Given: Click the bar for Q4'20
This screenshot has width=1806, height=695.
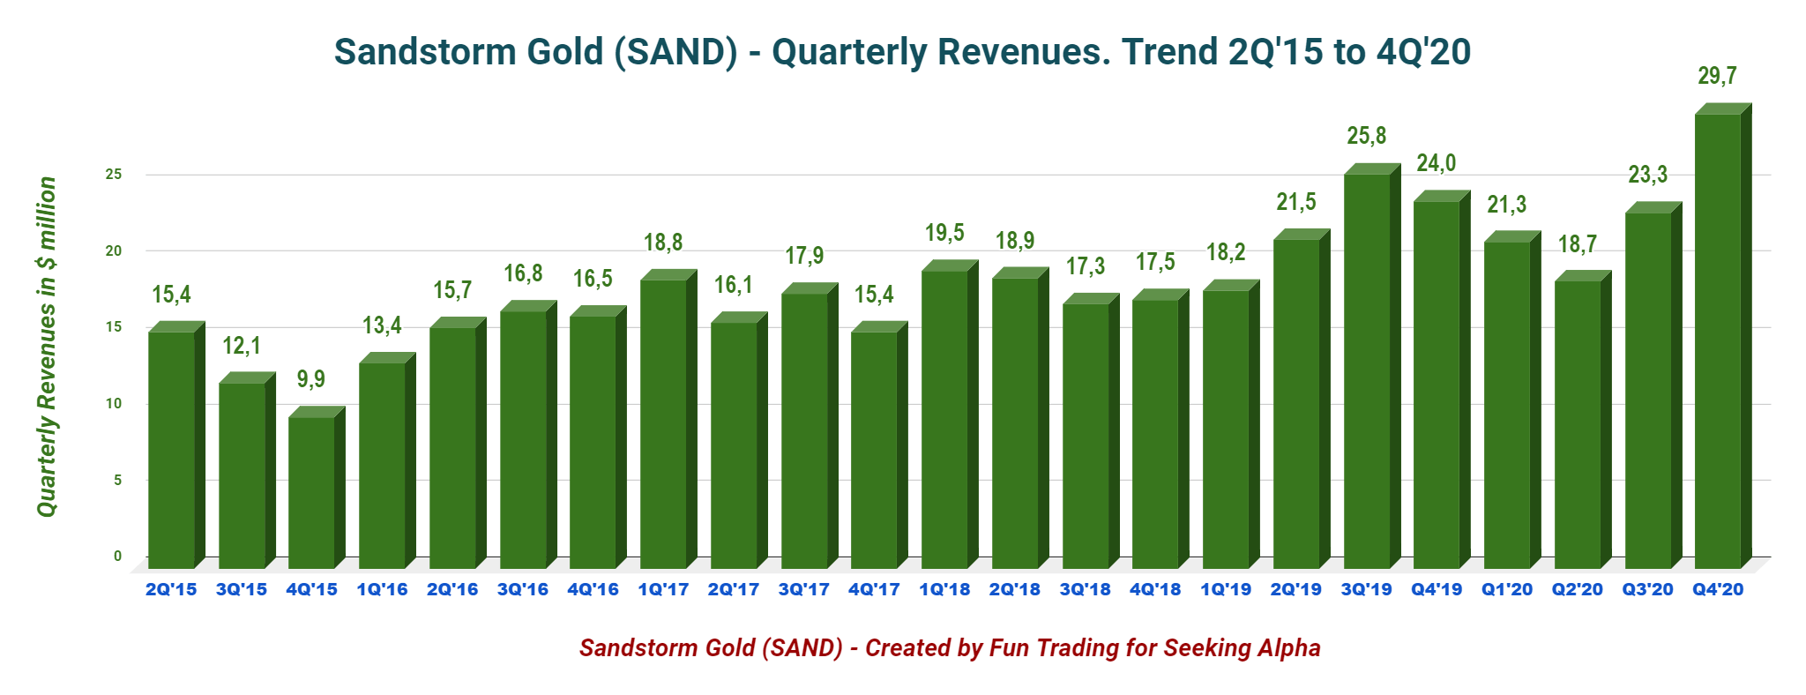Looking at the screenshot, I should pos(1718,340).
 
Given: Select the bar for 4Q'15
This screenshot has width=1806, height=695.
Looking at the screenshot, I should pos(311,492).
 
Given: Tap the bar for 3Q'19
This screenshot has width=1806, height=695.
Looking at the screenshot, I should pos(1367,370).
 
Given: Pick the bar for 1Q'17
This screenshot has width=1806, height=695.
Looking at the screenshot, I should pos(663,423).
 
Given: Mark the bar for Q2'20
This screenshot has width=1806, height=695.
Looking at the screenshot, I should pos(1578,424).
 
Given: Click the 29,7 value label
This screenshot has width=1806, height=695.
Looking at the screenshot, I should pos(1717,76).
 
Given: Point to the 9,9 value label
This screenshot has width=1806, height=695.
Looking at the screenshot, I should pos(310,379).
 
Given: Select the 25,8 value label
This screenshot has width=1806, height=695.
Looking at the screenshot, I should pos(1366,136).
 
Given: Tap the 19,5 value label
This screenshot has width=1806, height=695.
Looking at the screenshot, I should pos(944,233).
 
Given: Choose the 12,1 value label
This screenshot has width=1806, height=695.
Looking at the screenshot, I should pos(242,346).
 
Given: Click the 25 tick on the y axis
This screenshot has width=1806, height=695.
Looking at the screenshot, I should pos(114,175).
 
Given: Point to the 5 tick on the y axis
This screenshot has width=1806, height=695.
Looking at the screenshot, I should pos(117,480).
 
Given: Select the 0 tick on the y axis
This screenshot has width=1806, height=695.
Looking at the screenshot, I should pos(117,556).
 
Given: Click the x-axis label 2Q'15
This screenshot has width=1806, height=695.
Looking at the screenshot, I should pos(171,589).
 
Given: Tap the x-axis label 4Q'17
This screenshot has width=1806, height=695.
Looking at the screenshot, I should pos(874,589).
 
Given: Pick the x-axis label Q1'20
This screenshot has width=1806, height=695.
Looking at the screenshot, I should pos(1507,589).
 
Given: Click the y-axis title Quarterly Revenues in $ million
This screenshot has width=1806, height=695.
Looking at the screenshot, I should pos(47,347).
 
